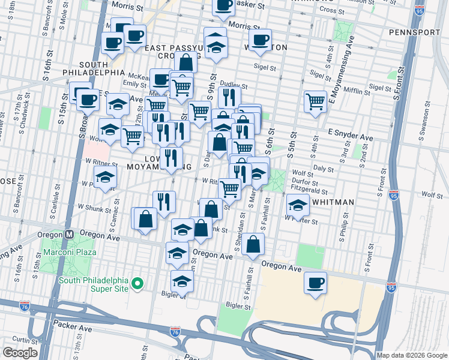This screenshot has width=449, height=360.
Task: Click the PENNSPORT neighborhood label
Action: (x=415, y=32)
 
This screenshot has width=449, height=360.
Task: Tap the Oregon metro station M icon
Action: (x=69, y=235)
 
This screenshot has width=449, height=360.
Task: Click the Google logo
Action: (x=20, y=353)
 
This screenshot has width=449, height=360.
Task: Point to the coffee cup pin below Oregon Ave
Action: (x=315, y=283)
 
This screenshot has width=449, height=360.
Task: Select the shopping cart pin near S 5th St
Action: (x=315, y=100)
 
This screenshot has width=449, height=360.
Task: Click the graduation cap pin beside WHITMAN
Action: (x=298, y=205)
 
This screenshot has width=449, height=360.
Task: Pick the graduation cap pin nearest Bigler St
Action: (x=182, y=280)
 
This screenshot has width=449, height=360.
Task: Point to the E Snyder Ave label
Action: (x=351, y=138)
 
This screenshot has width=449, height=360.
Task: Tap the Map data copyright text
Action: (x=411, y=355)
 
